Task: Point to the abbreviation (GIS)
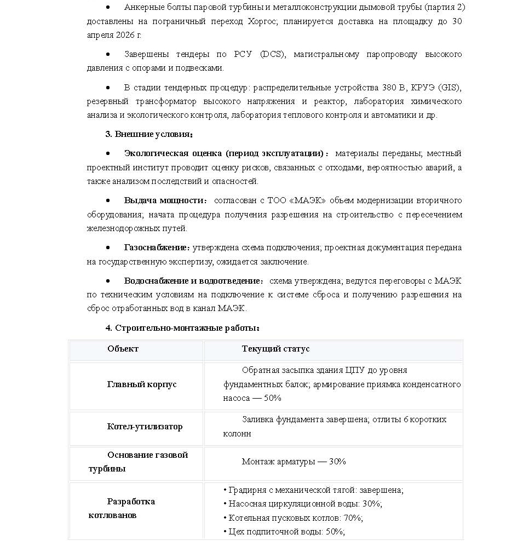[450, 88]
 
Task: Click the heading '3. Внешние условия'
[148, 134]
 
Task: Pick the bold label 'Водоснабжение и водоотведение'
[192, 281]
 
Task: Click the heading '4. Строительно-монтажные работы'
[182, 328]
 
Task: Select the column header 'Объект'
[123, 349]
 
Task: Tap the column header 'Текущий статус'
[275, 349]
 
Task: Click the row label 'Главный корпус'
[142, 384]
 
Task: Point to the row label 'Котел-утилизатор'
[145, 427]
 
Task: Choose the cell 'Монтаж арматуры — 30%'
[294, 462]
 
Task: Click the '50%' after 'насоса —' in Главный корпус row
[272, 398]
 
